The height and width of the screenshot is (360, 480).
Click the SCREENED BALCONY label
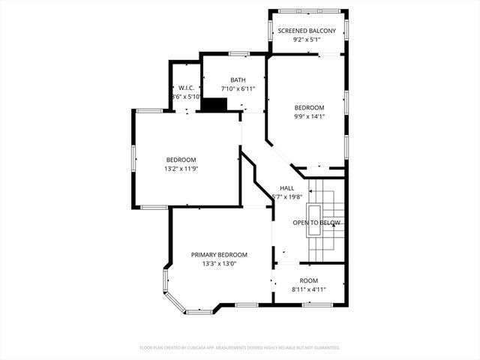[x=308, y=31]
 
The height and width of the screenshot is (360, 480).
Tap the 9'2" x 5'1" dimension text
[x=308, y=40]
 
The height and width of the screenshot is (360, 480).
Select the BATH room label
[x=238, y=79]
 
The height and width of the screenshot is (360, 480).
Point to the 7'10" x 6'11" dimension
[x=238, y=89]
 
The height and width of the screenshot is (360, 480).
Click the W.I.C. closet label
[x=186, y=88]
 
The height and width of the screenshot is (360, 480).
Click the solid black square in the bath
[x=214, y=106]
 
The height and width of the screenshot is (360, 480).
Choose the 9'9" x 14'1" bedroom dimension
[x=308, y=116]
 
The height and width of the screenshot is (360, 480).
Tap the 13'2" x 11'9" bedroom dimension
[x=181, y=169]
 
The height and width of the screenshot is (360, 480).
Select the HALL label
[x=287, y=187]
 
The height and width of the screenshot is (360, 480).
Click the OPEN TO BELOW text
[x=316, y=223]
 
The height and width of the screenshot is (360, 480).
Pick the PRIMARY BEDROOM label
[x=219, y=255]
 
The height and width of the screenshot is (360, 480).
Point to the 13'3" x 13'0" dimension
[x=219, y=264]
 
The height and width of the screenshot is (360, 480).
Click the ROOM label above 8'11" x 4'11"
[x=309, y=280]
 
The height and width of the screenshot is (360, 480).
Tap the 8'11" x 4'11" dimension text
[x=309, y=289]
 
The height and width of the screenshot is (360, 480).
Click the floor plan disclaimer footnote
[x=240, y=348]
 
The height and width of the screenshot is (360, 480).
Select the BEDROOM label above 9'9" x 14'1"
[x=308, y=107]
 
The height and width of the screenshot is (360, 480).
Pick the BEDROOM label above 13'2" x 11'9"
[x=181, y=160]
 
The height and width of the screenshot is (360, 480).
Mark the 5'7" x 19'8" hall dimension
[x=287, y=197]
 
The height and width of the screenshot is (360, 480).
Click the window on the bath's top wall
[x=239, y=53]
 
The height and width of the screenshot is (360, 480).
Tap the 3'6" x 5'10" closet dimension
[x=186, y=97]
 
